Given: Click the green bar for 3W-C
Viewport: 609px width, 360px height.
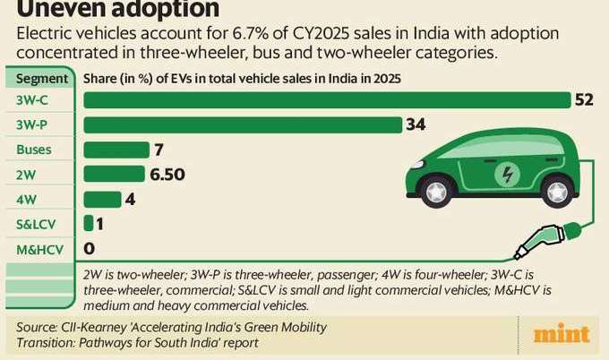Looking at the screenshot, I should point(327,99).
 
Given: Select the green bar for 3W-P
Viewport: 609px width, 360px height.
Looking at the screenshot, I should point(242,124).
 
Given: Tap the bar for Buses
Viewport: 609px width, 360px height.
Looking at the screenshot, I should point(116,149).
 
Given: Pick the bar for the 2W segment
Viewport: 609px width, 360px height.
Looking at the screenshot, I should point(114,174).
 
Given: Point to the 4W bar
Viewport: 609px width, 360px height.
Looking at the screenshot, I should point(102,199).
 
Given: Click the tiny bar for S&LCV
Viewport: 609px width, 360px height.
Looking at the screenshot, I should point(88,223).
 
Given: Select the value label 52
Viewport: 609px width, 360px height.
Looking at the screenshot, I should point(585,99).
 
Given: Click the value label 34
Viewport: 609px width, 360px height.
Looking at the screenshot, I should point(416,124).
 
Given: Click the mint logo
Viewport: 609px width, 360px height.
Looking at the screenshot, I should point(562,335).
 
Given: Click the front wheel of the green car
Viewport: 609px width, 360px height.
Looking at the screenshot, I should point(438,190).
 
